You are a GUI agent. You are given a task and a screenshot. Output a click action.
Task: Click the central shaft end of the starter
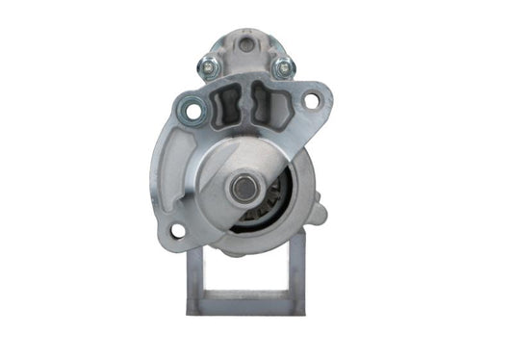tap(245, 188)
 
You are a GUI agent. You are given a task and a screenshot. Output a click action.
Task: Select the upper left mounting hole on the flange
tap(193, 112)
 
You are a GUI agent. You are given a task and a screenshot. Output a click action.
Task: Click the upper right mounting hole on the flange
tap(310, 99)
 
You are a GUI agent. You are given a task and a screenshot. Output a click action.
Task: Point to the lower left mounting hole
tap(177, 231)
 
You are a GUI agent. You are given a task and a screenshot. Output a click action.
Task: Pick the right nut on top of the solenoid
tap(283, 67)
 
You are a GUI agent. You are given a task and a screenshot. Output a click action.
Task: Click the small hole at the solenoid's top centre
tap(244, 44)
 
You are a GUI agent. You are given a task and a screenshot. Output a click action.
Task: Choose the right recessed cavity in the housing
tap(269, 103)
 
